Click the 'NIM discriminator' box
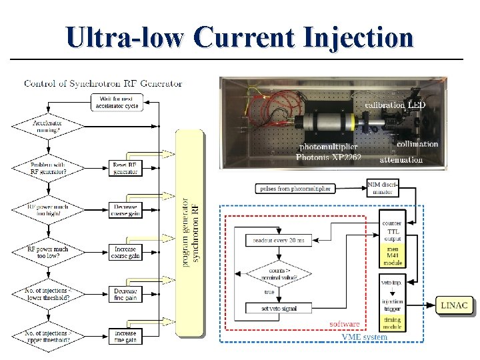click(x=383, y=188)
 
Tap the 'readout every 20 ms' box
click(x=279, y=240)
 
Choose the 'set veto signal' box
click(x=279, y=308)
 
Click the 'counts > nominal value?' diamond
click(x=279, y=273)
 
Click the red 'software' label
click(x=345, y=324)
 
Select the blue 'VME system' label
click(x=364, y=337)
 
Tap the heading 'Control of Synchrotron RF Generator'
click(x=103, y=83)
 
